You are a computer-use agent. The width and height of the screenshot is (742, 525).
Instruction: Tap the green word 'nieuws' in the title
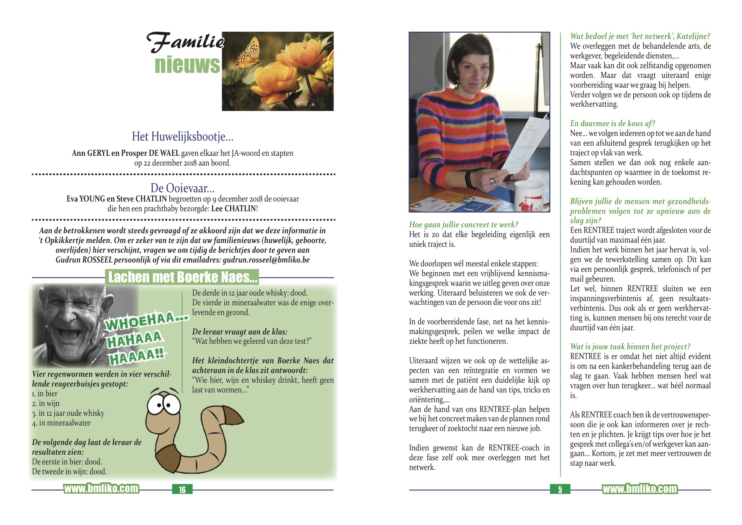187,65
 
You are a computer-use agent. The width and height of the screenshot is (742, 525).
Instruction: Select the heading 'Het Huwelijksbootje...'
182,136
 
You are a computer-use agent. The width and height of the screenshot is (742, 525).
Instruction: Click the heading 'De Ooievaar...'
182,188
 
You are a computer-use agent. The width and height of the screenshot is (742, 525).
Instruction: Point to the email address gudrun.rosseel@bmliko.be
266,260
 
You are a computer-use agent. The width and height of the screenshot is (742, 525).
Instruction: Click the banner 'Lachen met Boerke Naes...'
182,277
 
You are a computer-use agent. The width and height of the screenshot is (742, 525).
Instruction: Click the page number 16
182,489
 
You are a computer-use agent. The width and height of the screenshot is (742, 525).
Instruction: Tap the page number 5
560,489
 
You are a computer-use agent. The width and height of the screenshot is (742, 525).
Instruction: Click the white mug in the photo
529,197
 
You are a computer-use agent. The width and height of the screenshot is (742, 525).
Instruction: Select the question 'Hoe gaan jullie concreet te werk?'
463,225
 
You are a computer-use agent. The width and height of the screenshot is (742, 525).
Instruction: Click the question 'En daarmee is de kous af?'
612,124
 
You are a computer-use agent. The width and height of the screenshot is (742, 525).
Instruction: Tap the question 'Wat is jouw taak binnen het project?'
630,347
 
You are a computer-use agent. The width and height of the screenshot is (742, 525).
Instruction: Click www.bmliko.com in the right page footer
639,489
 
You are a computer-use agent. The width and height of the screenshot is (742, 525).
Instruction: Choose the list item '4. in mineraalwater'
61,423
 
